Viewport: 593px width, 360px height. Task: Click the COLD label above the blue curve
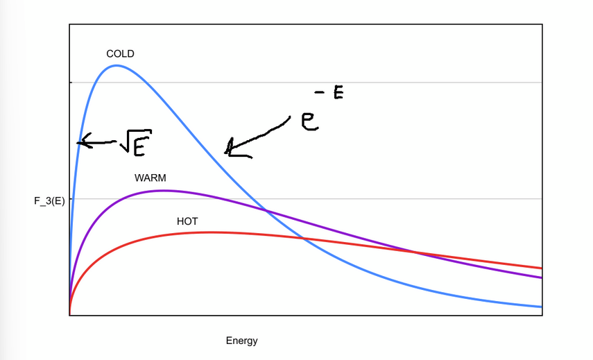[120, 53]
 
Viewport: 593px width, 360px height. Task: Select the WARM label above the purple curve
[151, 178]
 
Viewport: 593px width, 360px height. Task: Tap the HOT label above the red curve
[187, 221]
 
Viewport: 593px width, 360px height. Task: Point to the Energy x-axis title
[241, 341]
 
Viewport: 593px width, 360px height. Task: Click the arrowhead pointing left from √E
[80, 143]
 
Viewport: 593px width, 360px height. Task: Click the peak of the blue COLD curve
[117, 66]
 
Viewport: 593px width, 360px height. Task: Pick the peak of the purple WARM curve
[162, 190]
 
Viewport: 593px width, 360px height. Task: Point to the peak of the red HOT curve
[208, 232]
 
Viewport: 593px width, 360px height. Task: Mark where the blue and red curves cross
[303, 239]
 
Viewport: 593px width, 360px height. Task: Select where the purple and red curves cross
[415, 251]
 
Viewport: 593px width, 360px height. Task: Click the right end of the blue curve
[541, 307]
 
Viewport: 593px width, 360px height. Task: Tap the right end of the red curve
[541, 268]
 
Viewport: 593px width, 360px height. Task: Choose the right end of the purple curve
[541, 277]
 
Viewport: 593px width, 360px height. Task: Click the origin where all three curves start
[70, 314]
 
